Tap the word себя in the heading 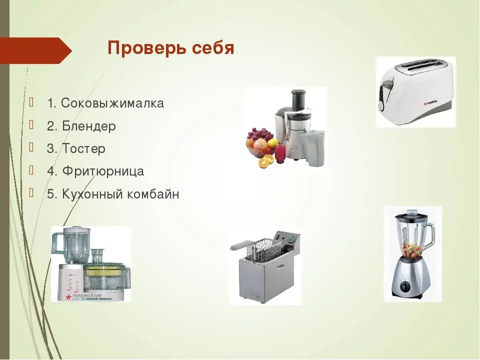[x=213, y=48]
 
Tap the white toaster [x=415, y=92]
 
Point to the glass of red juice [x=280, y=153]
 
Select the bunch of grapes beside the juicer [x=260, y=134]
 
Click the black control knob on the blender [x=406, y=287]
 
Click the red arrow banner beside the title [x=36, y=50]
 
